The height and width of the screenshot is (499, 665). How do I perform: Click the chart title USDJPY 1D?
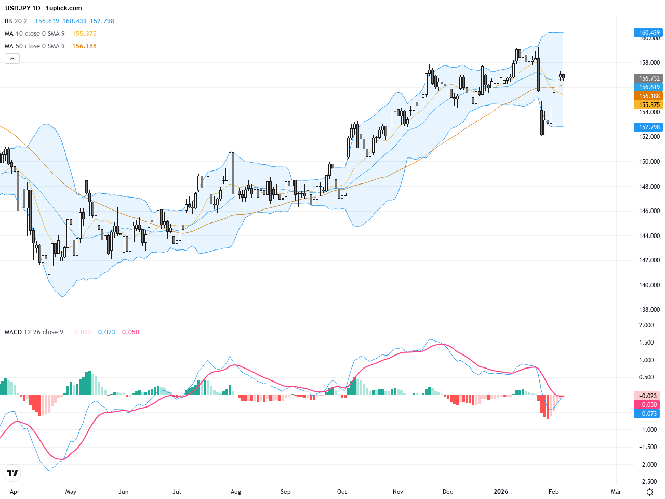point(22,8)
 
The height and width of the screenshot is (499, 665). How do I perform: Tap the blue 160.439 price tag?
point(649,33)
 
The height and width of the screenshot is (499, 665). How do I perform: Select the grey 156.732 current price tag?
point(649,78)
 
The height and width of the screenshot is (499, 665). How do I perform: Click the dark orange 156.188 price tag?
point(649,96)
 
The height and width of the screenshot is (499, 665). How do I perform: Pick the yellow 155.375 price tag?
point(649,105)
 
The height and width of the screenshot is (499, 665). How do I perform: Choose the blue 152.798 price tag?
point(649,127)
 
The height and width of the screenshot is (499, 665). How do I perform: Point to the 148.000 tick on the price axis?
point(649,187)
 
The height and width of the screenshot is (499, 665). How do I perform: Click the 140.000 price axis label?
point(649,285)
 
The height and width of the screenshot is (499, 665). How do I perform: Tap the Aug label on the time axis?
point(236,492)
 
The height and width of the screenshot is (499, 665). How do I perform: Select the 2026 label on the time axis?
point(501,492)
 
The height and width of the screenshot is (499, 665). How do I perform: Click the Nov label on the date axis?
point(398,492)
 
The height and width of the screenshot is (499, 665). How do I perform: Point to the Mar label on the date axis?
point(616,492)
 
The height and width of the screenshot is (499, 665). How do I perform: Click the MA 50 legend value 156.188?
point(84,46)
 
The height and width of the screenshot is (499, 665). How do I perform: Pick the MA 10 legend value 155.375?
point(84,34)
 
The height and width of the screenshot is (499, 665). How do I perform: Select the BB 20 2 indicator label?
point(16,21)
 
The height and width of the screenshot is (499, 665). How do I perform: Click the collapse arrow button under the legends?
point(12,59)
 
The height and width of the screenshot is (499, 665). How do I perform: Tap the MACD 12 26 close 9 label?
point(34,332)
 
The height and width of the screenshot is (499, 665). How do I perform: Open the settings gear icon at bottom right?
point(649,492)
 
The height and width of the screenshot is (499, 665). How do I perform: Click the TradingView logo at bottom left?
point(12,473)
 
